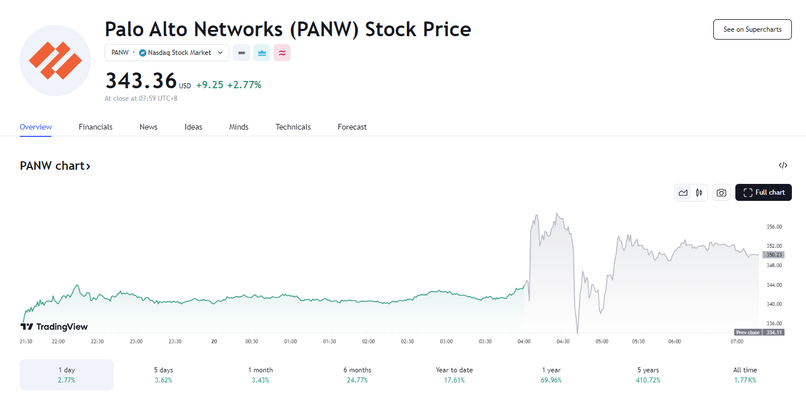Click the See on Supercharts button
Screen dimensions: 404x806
point(752,29)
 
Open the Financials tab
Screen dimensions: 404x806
point(96,127)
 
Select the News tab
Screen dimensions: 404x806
point(148,127)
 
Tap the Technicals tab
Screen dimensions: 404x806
point(293,127)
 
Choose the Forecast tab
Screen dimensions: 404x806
point(352,127)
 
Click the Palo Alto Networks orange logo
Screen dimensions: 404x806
point(55,61)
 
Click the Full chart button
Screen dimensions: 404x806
point(764,192)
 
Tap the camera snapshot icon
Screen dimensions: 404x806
point(721,192)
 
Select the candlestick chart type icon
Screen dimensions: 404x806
point(699,192)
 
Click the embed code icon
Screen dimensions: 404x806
point(783,166)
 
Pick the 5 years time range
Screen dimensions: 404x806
point(648,375)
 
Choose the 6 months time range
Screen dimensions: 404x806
point(357,375)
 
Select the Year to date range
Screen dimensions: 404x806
point(454,375)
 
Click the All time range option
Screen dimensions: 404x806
point(745,375)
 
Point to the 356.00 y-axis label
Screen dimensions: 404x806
point(774,227)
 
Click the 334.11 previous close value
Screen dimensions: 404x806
point(774,333)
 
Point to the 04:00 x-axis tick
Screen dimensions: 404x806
point(524,342)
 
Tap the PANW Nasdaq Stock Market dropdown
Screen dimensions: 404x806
point(167,53)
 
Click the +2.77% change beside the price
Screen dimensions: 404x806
point(244,85)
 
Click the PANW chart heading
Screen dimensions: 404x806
point(55,166)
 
